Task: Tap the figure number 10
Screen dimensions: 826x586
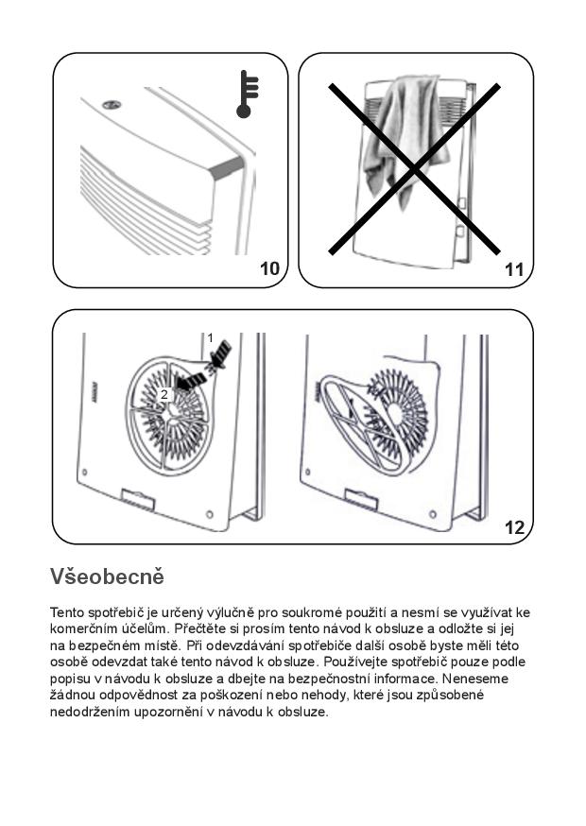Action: (269, 269)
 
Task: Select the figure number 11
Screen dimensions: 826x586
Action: (513, 269)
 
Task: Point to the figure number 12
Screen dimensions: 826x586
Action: (514, 528)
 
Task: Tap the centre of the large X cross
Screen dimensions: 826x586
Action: (413, 169)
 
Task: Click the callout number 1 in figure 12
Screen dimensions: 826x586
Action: (210, 337)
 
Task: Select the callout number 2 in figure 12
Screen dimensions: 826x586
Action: (164, 395)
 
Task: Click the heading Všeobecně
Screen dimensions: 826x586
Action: (107, 576)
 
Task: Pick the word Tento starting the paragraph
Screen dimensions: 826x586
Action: (67, 612)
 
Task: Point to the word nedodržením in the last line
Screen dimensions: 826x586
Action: (89, 712)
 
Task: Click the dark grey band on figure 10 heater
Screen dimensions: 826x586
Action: (226, 168)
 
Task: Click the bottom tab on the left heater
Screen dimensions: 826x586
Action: (138, 499)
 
